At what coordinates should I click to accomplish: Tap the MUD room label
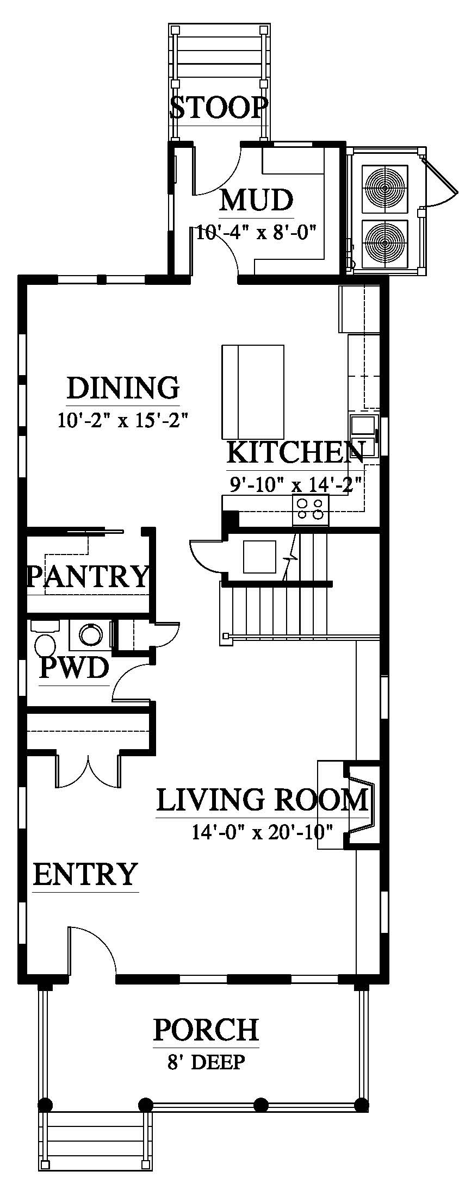pos(256,200)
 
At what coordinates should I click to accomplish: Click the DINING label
pos(123,388)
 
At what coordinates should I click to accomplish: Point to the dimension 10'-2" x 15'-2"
pos(123,420)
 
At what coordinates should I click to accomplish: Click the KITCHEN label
pos(295,452)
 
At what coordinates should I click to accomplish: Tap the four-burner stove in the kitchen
pos(311,510)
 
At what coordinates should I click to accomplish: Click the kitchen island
pos(252,392)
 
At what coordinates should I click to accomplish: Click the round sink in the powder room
pos(90,634)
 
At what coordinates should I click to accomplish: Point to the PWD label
pos(74,668)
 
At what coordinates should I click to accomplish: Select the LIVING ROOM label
pos(263,800)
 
